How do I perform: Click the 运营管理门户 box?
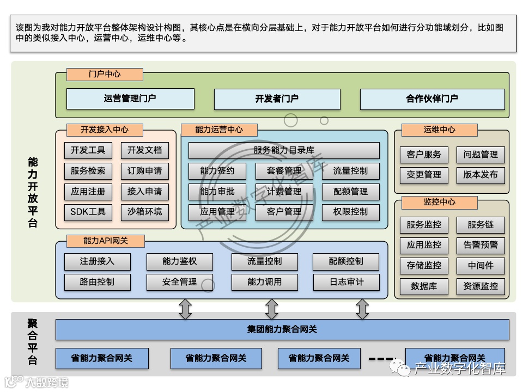pos(130,99)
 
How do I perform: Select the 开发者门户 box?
pos(277,99)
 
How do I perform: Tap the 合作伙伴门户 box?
pos(432,99)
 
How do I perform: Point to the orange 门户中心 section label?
pos(105,74)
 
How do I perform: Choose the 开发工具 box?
pos(88,150)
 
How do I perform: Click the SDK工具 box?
pos(88,211)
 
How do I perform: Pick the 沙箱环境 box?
pos(144,211)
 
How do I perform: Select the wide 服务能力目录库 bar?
pos(284,150)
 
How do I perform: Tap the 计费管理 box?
pos(284,191)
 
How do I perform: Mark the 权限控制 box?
pos(350,211)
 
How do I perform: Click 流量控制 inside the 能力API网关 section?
pos(265,261)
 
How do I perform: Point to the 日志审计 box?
pos(346,282)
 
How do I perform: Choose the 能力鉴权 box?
pos(179,261)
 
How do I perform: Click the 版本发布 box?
pos(481,175)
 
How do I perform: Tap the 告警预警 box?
pos(481,245)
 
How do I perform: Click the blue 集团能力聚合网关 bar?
pos(282,329)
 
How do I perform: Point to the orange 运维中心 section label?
pos(439,130)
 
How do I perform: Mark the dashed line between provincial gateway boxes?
pos(383,359)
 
